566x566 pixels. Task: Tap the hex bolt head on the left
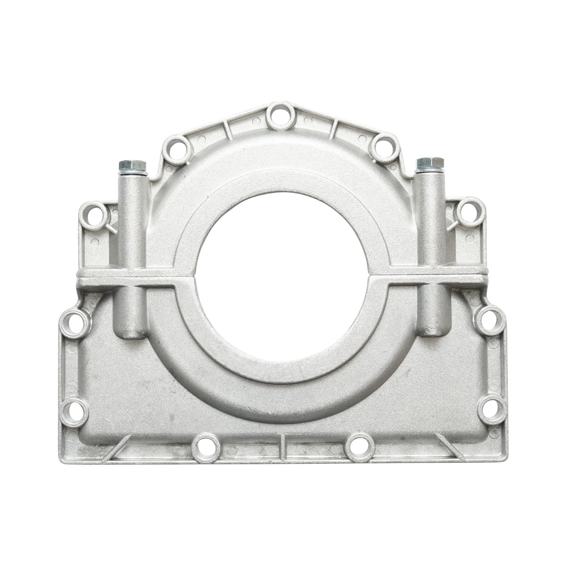pos(133,166)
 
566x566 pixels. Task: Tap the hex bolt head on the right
pos(430,163)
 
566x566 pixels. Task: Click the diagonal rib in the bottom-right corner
pos(449,446)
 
